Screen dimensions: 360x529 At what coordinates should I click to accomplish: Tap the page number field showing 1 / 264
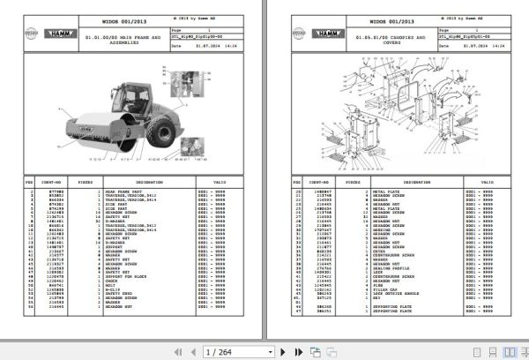[x=226, y=350]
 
